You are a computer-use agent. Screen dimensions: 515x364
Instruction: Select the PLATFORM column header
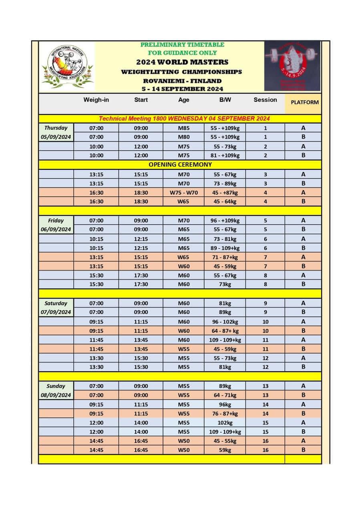[305, 102]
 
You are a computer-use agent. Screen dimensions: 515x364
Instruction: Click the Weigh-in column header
[96, 100]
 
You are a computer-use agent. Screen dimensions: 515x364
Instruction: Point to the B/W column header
[225, 100]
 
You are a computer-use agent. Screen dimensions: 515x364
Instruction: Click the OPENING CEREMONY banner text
[180, 165]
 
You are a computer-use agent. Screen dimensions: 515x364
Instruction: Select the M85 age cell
[184, 128]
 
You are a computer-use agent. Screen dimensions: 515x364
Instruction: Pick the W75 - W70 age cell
[184, 193]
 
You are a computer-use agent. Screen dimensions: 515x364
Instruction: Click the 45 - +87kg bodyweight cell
[225, 193]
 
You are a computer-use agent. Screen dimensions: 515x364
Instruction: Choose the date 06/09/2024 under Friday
[56, 229]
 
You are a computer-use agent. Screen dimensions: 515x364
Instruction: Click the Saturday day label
[56, 303]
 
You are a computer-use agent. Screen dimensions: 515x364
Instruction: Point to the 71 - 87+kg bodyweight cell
[225, 257]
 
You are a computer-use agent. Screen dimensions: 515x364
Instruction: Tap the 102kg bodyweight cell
[225, 422]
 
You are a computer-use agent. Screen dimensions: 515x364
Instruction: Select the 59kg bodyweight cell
[225, 450]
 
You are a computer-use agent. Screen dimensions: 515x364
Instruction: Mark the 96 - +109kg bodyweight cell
[225, 220]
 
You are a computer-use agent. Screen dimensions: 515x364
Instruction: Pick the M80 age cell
[184, 137]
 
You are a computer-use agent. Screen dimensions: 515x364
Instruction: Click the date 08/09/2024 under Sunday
[56, 395]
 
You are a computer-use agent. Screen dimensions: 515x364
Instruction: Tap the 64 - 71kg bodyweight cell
[225, 395]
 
